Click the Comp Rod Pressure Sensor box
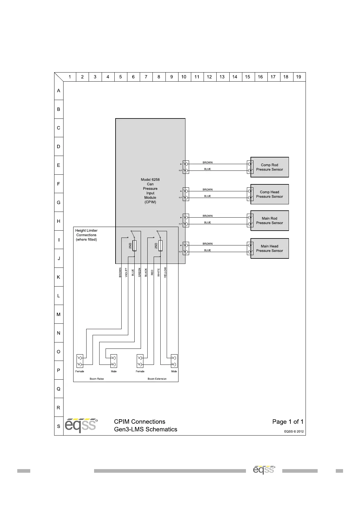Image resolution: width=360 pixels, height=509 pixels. [270, 167]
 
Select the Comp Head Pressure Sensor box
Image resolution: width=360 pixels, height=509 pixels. [270, 194]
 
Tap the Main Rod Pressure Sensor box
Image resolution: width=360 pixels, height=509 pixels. [270, 221]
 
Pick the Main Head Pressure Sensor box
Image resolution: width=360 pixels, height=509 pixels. [270, 248]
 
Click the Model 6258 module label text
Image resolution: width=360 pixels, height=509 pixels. [150, 191]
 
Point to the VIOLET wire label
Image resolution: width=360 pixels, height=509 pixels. [126, 273]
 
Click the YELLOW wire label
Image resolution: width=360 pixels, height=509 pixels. [165, 272]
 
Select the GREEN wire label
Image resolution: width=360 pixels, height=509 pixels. [139, 272]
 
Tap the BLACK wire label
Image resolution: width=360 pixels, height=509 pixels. [146, 272]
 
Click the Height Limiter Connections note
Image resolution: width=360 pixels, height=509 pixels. [87, 235]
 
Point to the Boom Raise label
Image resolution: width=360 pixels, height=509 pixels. [97, 379]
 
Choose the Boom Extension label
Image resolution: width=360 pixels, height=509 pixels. [157, 379]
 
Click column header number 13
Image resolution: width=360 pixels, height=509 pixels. [222, 77]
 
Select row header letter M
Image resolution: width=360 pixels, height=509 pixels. [58, 314]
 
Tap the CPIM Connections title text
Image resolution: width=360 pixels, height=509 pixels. [140, 422]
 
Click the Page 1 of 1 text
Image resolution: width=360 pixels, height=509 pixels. [288, 422]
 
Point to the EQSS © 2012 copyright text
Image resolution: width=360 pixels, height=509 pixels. [294, 432]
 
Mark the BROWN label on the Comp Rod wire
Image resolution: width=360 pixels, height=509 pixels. [208, 162]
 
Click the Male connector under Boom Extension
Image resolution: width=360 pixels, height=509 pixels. [174, 361]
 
